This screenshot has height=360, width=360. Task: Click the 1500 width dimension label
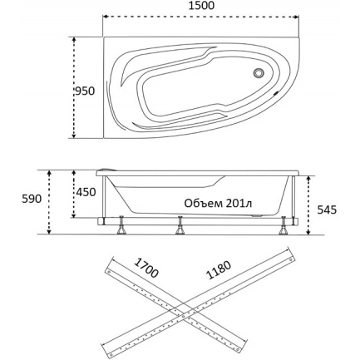pos(201,6)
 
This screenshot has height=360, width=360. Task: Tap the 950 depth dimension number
pos(85,91)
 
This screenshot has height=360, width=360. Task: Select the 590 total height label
pos(32,199)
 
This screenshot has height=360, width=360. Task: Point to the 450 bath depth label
pos(86,192)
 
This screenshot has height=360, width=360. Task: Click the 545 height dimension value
pos(327,210)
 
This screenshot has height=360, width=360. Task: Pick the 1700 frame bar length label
pos(146,268)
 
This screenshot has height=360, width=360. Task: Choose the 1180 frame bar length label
pos(219,269)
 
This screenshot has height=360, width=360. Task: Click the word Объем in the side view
pos(204,204)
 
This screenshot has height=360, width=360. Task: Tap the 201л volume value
pos(239,204)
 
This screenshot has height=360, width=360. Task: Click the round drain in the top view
pos(259,73)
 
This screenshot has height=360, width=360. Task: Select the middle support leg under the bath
pos(180,225)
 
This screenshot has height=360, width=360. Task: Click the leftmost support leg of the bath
pos(121,225)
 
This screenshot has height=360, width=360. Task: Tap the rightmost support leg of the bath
pos(284,225)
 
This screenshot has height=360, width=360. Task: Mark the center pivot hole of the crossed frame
pos(183,316)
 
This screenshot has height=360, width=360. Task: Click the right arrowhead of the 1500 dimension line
pos(296,17)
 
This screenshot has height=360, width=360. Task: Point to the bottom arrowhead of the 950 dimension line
pos(74,136)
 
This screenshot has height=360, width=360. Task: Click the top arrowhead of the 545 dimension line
pos(308,179)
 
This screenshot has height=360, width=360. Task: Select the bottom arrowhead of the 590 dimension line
pos(49,231)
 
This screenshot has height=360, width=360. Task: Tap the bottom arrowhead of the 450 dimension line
pos(74,215)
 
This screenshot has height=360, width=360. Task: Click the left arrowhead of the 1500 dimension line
pos(106,17)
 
